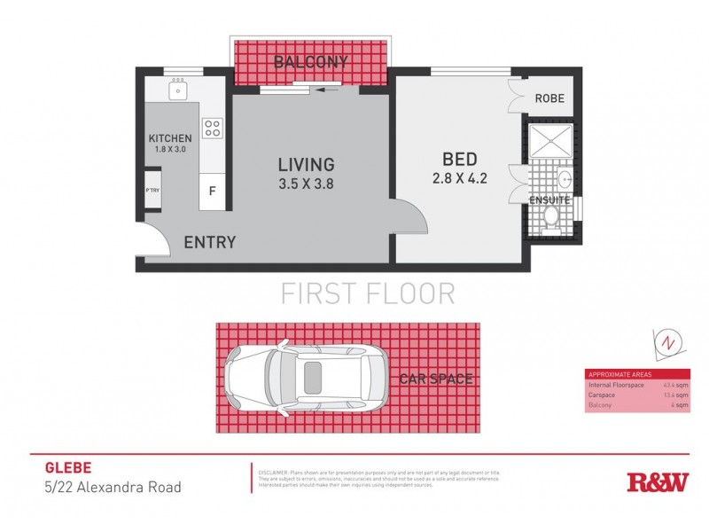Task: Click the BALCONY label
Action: tap(310, 62)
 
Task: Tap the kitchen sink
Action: tap(178, 90)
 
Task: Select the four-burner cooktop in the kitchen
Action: tap(212, 128)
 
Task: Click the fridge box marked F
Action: tap(212, 190)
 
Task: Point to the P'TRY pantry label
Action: tap(152, 191)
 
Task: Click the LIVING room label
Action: tap(306, 164)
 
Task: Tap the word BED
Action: tap(460, 160)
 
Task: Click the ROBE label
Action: tap(549, 98)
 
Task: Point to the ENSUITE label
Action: tap(549, 200)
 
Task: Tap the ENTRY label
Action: tap(209, 242)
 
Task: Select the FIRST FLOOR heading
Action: tap(368, 293)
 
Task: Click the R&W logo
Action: tap(658, 482)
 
